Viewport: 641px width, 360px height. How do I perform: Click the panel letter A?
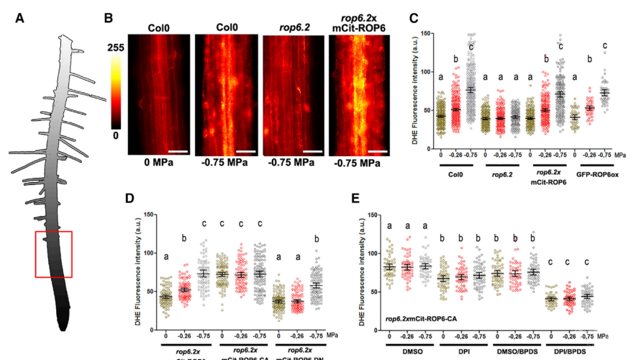[20, 18]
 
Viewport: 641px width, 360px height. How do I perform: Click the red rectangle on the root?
[54, 254]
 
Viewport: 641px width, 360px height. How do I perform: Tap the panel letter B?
[109, 18]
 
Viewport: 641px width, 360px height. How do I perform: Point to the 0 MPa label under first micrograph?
[157, 163]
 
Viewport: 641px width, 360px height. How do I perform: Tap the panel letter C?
[414, 18]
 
